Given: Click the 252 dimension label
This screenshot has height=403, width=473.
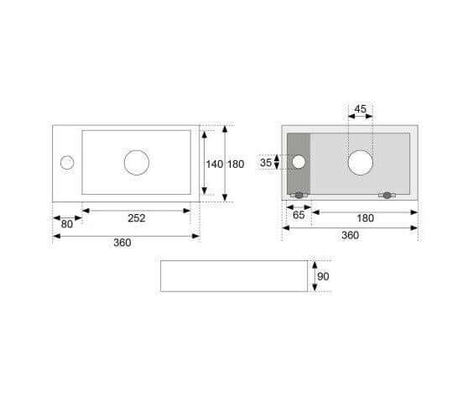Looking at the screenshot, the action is [x=137, y=217].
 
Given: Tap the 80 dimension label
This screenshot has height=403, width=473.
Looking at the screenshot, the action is [x=67, y=224].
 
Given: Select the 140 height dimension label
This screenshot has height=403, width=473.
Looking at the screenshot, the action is [x=215, y=164].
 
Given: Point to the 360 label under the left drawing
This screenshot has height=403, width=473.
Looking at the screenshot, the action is [x=122, y=243].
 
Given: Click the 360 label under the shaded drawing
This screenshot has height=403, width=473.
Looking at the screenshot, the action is [x=351, y=235].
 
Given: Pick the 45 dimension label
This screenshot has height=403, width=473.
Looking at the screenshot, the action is [x=360, y=109].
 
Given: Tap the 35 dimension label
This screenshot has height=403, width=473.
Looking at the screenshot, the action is [x=266, y=163].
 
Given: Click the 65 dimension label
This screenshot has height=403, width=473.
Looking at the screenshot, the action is [x=299, y=215].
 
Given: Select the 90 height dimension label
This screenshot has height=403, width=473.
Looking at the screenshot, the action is [x=323, y=276].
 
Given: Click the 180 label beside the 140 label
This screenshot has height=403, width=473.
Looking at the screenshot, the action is [x=236, y=164].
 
